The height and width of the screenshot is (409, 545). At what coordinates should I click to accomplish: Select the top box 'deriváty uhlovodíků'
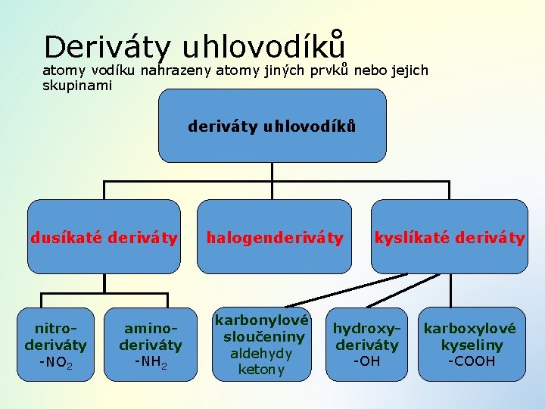272,126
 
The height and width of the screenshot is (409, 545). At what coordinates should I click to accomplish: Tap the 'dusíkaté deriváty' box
104,237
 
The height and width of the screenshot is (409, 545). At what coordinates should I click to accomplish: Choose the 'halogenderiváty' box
275,237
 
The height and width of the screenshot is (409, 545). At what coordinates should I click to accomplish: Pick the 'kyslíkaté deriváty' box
450,237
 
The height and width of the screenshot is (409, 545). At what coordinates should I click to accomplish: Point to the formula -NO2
56,364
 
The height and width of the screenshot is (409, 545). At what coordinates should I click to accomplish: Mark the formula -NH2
151,361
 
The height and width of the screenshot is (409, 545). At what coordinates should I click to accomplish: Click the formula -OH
366,361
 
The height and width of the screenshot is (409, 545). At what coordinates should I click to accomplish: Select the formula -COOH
471,361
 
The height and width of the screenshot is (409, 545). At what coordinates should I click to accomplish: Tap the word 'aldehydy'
260,354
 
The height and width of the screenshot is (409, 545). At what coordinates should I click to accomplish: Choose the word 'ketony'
261,370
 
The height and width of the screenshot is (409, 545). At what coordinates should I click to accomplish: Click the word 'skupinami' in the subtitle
77,86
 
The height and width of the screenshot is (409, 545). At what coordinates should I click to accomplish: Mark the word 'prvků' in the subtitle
338,70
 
